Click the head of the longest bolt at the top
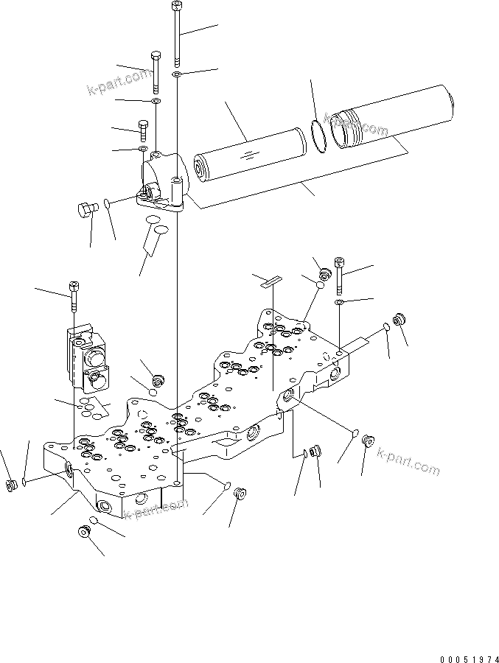(176, 7)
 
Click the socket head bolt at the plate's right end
(339, 274)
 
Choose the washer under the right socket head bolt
(338, 303)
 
